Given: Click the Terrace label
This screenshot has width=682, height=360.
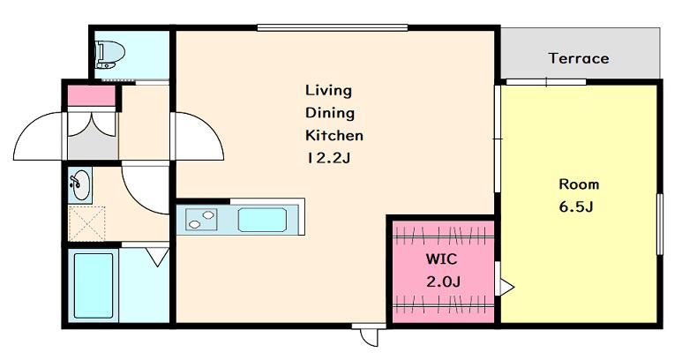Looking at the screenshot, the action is click(579, 58).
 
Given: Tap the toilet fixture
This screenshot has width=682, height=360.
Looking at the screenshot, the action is click(109, 55).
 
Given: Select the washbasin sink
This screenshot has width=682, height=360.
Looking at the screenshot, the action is click(80, 184).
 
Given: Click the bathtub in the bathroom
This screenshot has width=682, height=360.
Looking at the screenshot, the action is click(94, 286).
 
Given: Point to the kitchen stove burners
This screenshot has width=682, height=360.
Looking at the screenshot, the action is click(201, 219).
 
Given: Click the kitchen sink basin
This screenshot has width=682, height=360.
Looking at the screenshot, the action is click(262, 220).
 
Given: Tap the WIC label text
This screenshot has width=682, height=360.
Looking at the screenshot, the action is click(441, 259).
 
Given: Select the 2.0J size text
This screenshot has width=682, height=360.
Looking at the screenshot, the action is click(443, 282).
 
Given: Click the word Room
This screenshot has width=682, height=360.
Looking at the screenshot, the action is click(579, 184).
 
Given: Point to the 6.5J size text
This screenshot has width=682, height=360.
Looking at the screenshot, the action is click(576, 206).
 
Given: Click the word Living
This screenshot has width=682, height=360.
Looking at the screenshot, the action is click(328, 91).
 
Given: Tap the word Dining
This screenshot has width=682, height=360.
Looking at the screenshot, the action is click(330, 113).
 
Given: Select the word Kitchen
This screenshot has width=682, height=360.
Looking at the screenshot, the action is click(334, 135).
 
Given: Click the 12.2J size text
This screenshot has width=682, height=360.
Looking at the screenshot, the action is click(328, 158).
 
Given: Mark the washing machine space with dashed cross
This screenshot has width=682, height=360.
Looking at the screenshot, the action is click(87, 223).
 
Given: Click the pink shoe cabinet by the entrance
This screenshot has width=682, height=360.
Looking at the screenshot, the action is click(92, 96).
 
